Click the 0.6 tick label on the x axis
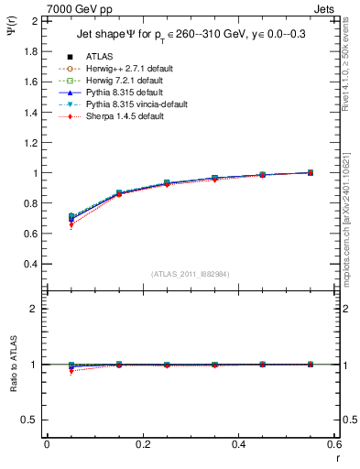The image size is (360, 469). tap(334, 445)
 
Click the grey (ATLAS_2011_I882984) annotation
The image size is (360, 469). tap(191, 275)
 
